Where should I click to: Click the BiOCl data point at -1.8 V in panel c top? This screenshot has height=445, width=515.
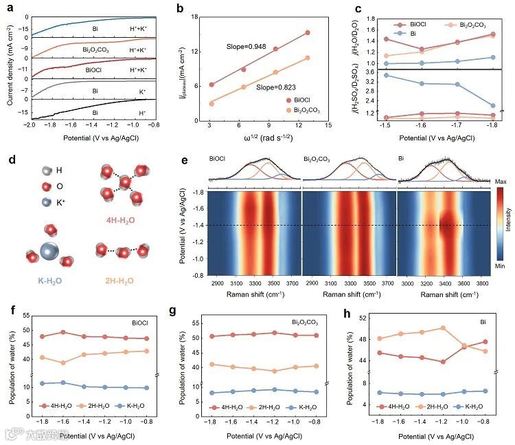(493, 34)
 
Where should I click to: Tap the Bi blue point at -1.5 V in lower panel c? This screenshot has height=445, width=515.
(387, 75)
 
